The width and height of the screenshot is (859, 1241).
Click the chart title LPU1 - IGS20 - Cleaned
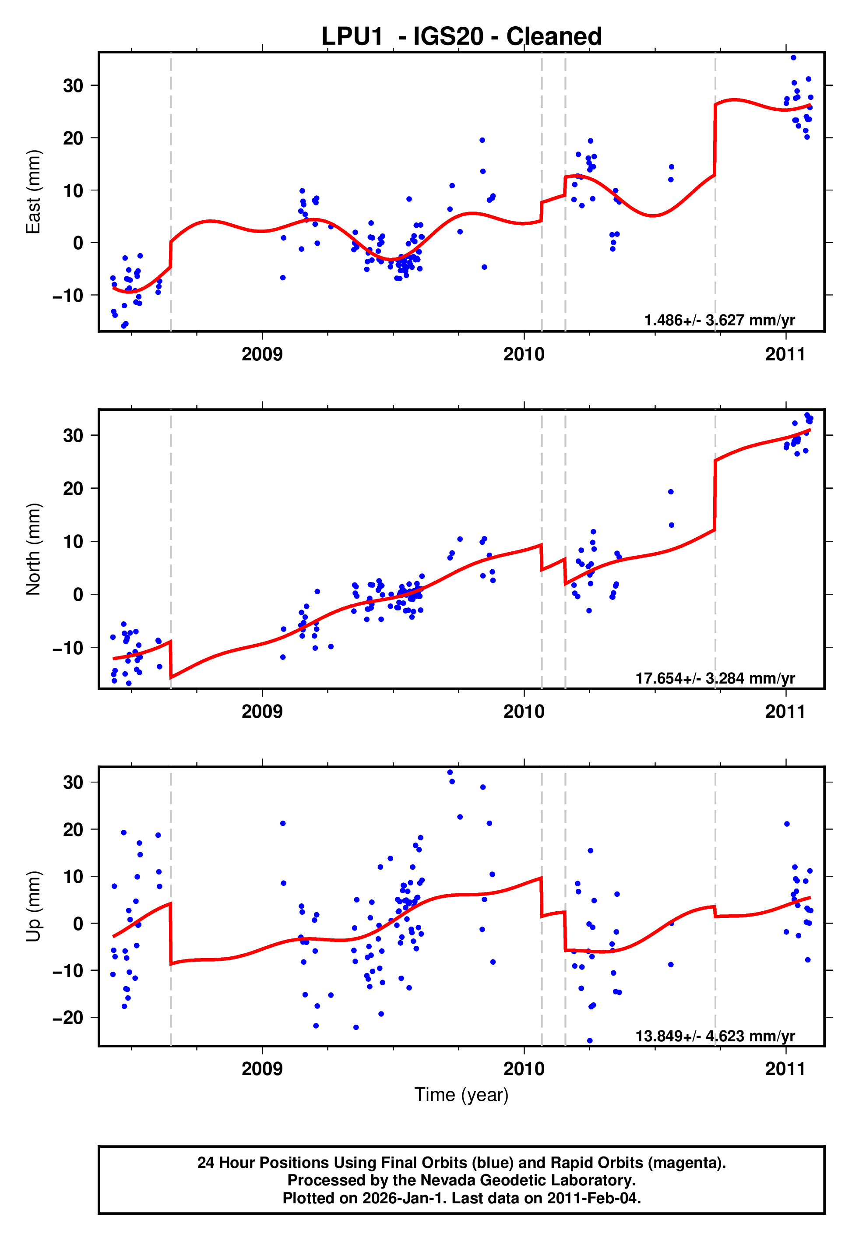pos(461,37)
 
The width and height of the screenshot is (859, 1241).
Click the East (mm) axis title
pos(33,192)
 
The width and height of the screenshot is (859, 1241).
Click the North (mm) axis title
pos(33,549)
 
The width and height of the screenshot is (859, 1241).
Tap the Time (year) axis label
pos(461,1095)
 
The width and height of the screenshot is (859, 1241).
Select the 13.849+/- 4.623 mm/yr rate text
pos(715,1036)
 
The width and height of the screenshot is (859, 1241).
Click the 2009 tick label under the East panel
pos(262,354)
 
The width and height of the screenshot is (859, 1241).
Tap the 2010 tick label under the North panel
pos(524,712)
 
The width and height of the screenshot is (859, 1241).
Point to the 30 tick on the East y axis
pos(73,85)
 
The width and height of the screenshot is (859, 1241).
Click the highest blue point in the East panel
pos(793,57)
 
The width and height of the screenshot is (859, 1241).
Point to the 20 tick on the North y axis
pos(73,489)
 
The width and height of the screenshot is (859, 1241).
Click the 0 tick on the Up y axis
pos(78,924)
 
